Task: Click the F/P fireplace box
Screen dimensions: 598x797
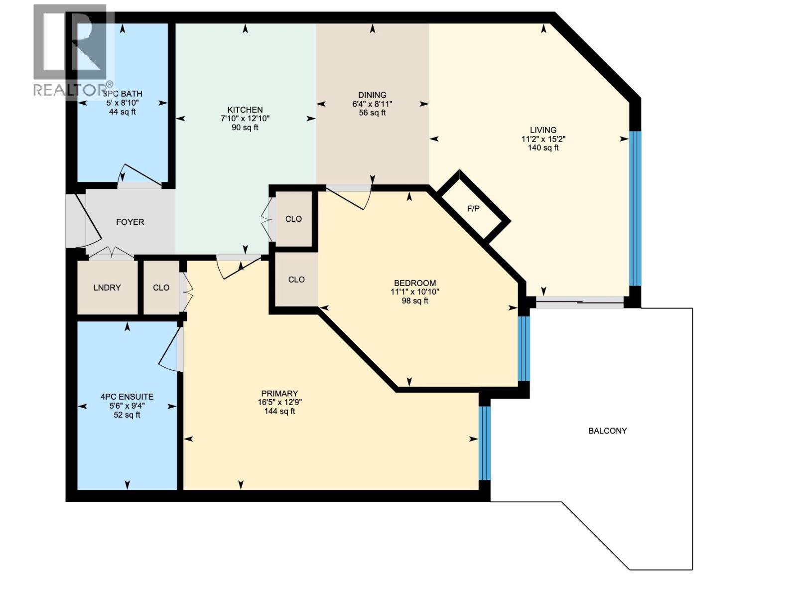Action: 474,208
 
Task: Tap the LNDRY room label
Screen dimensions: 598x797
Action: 107,288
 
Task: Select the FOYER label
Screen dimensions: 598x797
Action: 130,222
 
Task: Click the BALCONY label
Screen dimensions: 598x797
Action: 607,431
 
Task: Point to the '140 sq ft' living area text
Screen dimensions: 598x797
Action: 543,148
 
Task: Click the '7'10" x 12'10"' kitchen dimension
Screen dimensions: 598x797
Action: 245,119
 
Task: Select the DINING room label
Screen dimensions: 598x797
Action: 372,95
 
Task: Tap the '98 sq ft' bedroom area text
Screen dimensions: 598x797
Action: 415,301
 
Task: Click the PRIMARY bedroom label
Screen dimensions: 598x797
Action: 279,394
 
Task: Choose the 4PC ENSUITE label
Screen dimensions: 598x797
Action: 127,397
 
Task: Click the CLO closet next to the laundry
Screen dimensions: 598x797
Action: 161,288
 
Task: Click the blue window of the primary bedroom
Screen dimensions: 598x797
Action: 484,443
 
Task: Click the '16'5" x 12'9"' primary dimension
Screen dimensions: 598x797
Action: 279,403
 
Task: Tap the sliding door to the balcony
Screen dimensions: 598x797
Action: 579,302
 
